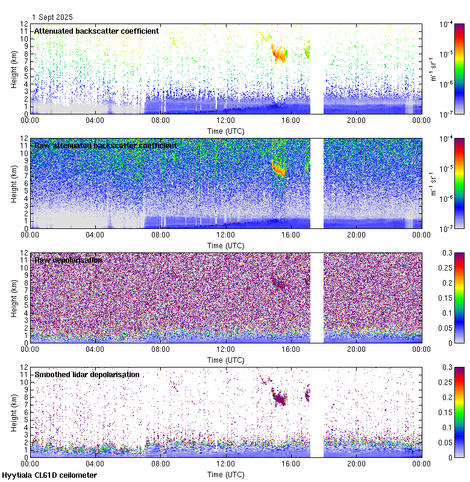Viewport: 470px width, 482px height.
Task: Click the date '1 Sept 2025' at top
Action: (52, 17)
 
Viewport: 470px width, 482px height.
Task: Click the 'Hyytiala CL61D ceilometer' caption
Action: (49, 475)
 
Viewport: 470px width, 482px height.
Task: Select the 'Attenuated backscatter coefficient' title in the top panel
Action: (96, 31)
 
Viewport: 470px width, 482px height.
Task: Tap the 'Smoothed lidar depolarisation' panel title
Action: (87, 374)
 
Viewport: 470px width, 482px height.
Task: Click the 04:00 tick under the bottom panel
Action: (95, 464)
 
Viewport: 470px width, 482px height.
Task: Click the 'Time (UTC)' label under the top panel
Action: (226, 131)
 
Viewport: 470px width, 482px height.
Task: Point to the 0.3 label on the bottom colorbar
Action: (447, 367)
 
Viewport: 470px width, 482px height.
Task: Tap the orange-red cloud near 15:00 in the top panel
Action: (278, 53)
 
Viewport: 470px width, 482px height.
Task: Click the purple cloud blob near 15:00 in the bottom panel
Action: (280, 398)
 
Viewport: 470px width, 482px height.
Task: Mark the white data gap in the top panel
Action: (316, 69)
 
